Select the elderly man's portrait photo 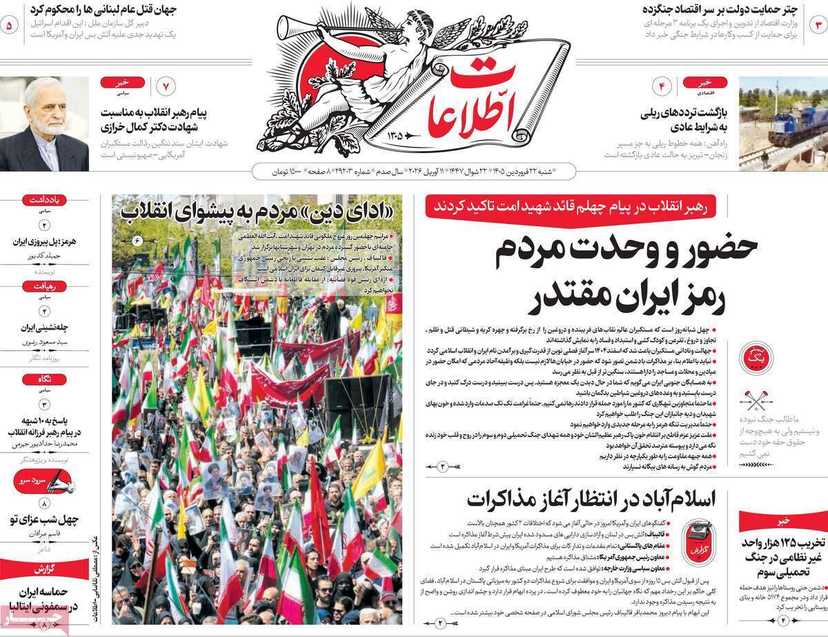pos(44,124)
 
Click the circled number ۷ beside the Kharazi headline pos(166,87)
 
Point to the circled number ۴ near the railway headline pos(661,87)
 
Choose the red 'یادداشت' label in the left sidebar pos(44,201)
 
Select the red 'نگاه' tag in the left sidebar pos(44,378)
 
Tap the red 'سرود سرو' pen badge pos(44,479)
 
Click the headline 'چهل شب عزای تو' pos(44,518)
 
